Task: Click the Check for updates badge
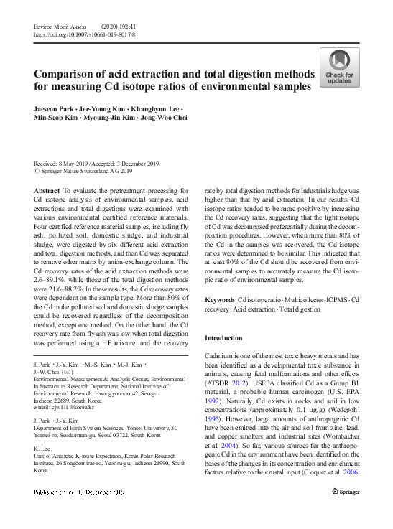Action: (339, 68)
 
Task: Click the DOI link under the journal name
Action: (84, 34)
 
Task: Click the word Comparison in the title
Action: (74, 75)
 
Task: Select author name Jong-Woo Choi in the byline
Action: (163, 118)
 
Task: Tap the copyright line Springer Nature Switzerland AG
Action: (86, 172)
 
